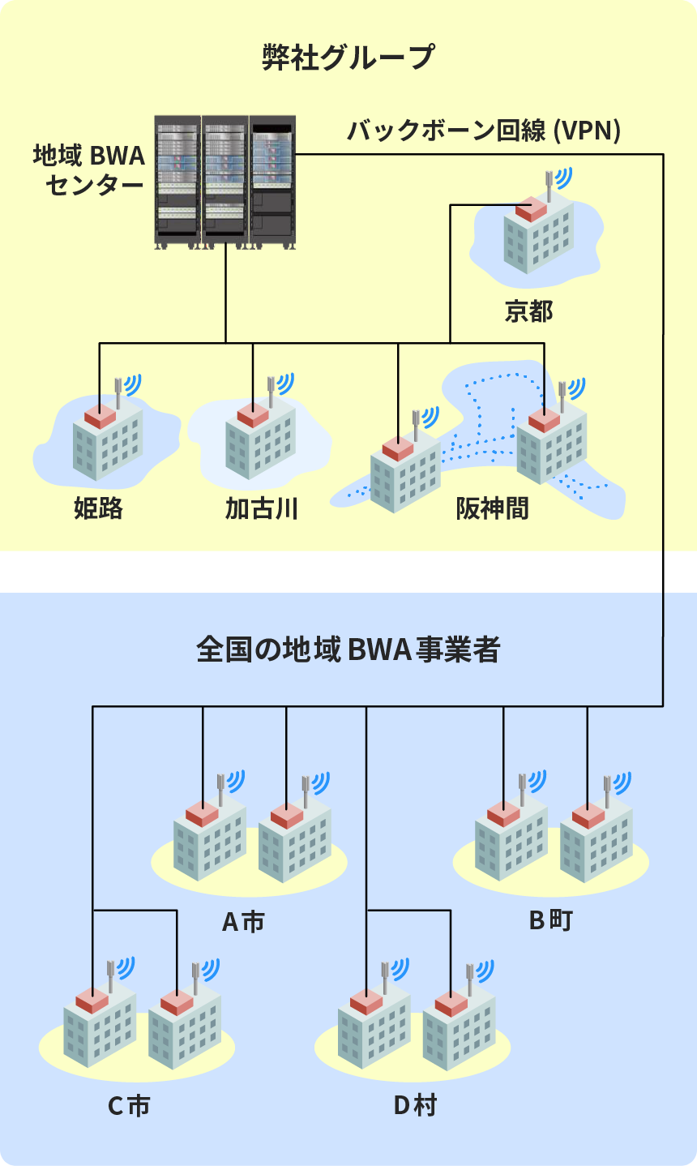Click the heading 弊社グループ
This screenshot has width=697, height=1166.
coord(348,58)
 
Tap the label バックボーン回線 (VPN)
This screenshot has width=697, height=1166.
coord(484,131)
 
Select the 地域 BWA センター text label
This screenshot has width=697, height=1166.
coord(88,170)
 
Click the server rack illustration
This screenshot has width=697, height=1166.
coord(225,182)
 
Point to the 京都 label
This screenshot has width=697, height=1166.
coord(528,311)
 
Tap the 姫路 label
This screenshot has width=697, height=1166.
coord(98,508)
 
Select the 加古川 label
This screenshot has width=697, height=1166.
coord(262,508)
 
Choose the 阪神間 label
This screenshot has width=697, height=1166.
coord(492,508)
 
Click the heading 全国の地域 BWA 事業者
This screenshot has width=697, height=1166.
coord(348,649)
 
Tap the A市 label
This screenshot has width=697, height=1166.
coord(243,922)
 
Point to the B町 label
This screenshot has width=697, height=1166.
coord(551,920)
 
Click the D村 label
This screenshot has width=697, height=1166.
coord(415,1105)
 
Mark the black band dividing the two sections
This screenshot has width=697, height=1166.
coord(348,572)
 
